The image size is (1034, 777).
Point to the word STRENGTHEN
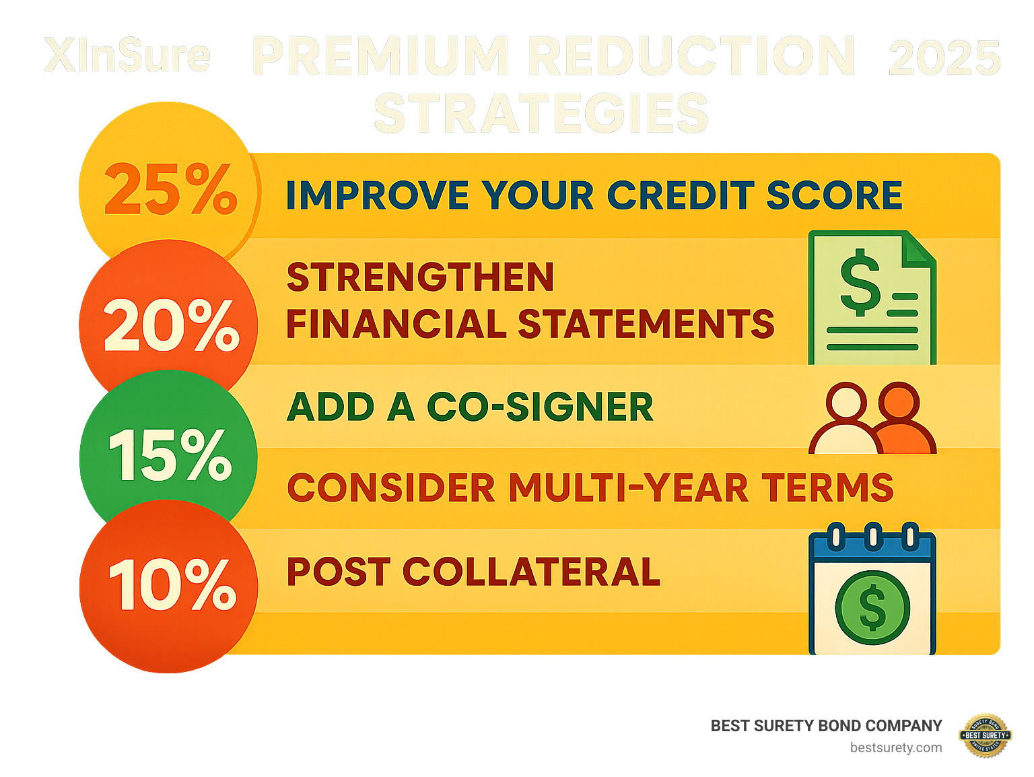click(420, 277)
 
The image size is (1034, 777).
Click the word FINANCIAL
click(396, 324)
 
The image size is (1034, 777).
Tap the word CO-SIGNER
click(540, 407)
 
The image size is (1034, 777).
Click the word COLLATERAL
click(531, 572)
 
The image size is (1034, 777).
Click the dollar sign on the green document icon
click(860, 283)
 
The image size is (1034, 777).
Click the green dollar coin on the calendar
click(872, 607)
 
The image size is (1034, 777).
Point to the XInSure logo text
click(127, 56)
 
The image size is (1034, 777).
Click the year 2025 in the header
click(944, 59)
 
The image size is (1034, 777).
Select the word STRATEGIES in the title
click(541, 113)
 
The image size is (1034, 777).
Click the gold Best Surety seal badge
click(986, 735)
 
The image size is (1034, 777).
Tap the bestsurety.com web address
click(895, 747)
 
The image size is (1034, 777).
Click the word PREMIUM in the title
click(381, 57)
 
